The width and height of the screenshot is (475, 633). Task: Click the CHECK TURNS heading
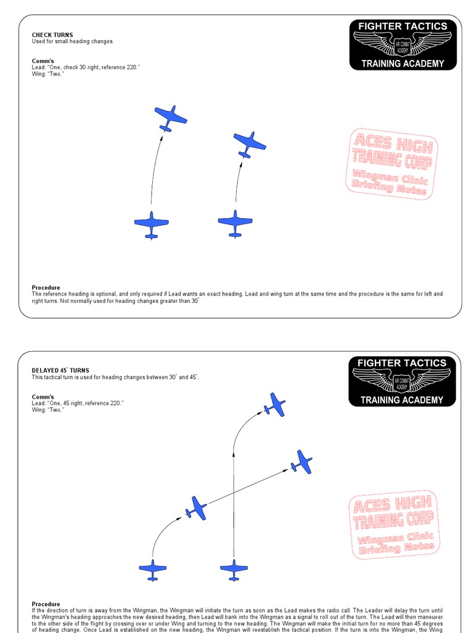(x=52, y=35)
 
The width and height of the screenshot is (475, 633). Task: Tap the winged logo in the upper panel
(x=403, y=45)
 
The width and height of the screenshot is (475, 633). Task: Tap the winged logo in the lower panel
(x=403, y=380)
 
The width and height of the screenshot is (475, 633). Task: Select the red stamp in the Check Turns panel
(x=390, y=163)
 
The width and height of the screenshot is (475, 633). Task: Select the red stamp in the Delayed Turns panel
(x=393, y=524)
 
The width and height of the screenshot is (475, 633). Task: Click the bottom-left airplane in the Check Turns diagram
(x=151, y=224)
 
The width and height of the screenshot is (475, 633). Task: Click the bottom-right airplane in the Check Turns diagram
(x=235, y=223)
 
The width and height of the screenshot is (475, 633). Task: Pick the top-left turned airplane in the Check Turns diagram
(x=170, y=117)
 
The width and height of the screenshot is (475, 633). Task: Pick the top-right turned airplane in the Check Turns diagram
(x=249, y=144)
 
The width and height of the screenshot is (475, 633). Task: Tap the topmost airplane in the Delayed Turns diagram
(x=274, y=404)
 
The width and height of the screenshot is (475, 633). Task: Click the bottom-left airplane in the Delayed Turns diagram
(x=152, y=569)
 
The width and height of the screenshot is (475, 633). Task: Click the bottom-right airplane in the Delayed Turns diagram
(x=234, y=569)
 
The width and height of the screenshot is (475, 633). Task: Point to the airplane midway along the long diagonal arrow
(x=196, y=508)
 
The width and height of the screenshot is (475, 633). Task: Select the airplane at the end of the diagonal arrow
(x=302, y=462)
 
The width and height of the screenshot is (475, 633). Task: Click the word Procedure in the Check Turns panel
(x=46, y=287)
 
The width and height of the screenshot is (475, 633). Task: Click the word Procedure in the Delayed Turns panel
(x=46, y=604)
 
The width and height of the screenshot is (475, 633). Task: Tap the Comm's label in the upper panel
(x=43, y=61)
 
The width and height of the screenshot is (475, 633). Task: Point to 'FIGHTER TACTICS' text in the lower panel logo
(x=403, y=363)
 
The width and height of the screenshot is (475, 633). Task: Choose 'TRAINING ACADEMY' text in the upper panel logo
(x=403, y=64)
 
